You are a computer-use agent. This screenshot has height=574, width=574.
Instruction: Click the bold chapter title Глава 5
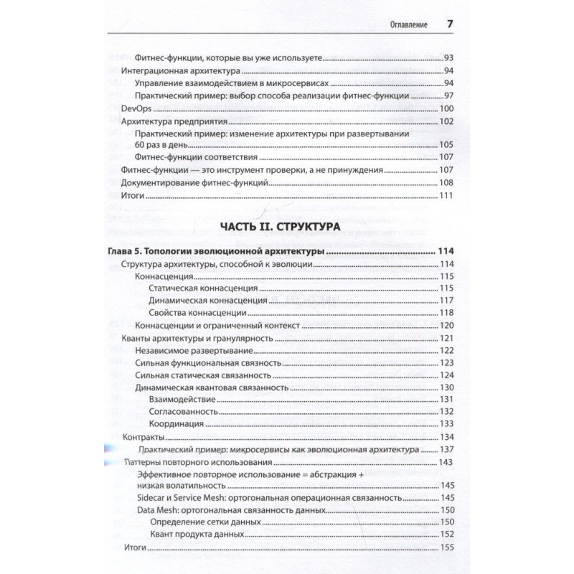pyautogui.click(x=223, y=252)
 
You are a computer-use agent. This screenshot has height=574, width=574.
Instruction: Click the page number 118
pyautogui.click(x=446, y=313)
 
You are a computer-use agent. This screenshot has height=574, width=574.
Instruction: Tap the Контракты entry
pyautogui.click(x=145, y=437)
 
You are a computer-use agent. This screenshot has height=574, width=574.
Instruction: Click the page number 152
pyautogui.click(x=446, y=535)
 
